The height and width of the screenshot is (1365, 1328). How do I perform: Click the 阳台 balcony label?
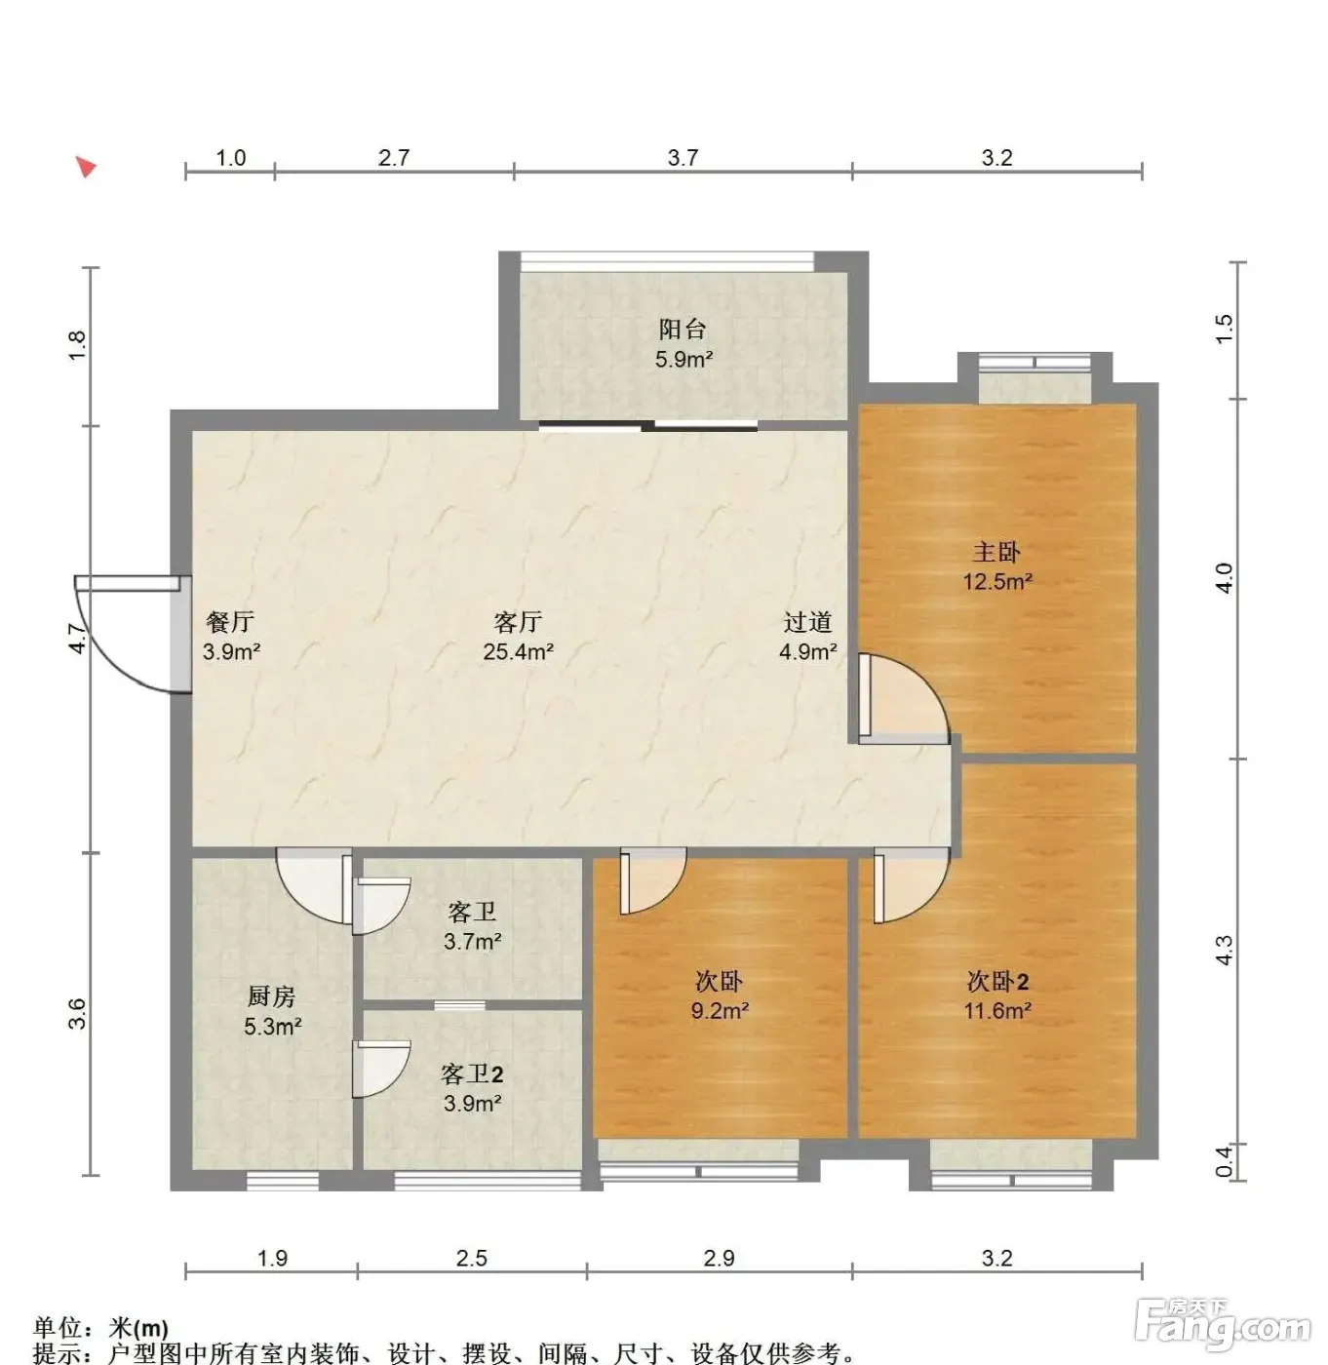[x=682, y=329]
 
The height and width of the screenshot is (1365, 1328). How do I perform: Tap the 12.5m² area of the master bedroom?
[x=996, y=582]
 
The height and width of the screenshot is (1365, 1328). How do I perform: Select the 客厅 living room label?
[x=518, y=622]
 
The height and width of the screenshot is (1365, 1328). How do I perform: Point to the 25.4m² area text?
[x=518, y=651]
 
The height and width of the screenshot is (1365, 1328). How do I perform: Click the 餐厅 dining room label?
[x=230, y=622]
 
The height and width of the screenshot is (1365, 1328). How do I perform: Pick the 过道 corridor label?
[x=807, y=622]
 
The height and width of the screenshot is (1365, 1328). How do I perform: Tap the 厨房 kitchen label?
[x=271, y=996]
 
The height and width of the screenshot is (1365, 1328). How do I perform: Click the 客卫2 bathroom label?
[x=472, y=1073]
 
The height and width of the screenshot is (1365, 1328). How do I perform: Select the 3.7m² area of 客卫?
[x=472, y=941]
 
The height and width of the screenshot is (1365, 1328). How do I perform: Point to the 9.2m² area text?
[x=719, y=1011]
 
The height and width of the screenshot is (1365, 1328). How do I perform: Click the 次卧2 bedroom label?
[x=996, y=981]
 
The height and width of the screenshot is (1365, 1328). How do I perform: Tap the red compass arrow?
[x=86, y=167]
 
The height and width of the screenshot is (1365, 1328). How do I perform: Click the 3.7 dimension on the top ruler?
[x=683, y=157]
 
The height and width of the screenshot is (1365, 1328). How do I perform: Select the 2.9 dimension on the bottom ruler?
[x=719, y=1258]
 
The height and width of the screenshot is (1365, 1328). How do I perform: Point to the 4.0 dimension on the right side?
[x=1224, y=578]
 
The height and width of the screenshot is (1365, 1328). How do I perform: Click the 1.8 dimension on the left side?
[x=77, y=345]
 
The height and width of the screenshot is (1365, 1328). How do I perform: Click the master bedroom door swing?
[x=904, y=699]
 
